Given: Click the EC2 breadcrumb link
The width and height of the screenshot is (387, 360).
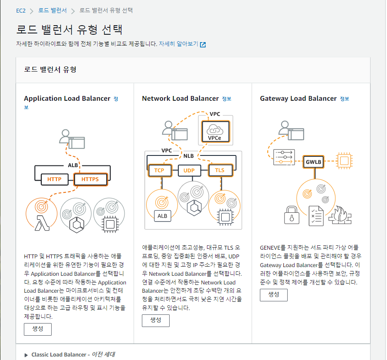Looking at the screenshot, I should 21,10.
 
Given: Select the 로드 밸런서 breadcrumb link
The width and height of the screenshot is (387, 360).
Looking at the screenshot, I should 53,10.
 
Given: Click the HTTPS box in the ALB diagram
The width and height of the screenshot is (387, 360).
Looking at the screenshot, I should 90,179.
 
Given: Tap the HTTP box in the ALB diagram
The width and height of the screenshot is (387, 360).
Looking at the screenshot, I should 54,179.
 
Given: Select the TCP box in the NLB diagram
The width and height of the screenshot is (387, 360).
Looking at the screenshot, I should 159,170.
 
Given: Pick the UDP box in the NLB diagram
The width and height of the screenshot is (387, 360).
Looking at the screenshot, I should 189,170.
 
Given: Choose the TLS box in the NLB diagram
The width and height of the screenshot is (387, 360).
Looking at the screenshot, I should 220,170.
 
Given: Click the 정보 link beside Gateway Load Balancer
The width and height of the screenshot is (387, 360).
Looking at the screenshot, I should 344,99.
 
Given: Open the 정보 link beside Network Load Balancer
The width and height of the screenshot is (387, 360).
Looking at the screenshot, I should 226,99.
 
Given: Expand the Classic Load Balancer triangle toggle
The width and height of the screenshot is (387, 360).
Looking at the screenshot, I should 26,355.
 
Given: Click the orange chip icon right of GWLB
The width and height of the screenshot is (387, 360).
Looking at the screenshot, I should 344,161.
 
